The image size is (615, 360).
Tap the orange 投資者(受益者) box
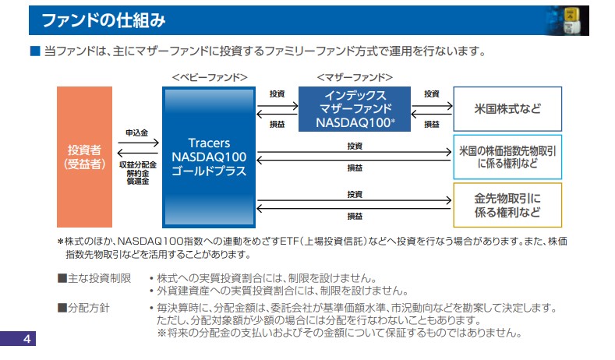click(x=85, y=157)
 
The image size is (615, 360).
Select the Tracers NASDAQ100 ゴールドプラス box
click(x=209, y=157)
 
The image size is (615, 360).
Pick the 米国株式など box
click(x=507, y=109)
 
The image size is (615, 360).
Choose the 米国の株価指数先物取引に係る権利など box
click(x=507, y=157)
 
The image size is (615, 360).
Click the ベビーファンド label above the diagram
click(x=210, y=77)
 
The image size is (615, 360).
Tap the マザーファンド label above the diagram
click(x=355, y=77)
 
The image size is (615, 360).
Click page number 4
click(x=26, y=340)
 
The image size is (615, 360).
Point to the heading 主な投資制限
click(x=94, y=278)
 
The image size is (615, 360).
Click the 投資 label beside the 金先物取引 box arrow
click(x=355, y=193)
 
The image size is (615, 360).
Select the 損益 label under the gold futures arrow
click(x=355, y=216)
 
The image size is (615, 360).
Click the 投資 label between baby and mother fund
click(x=277, y=94)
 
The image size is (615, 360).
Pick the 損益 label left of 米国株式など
click(x=431, y=124)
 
